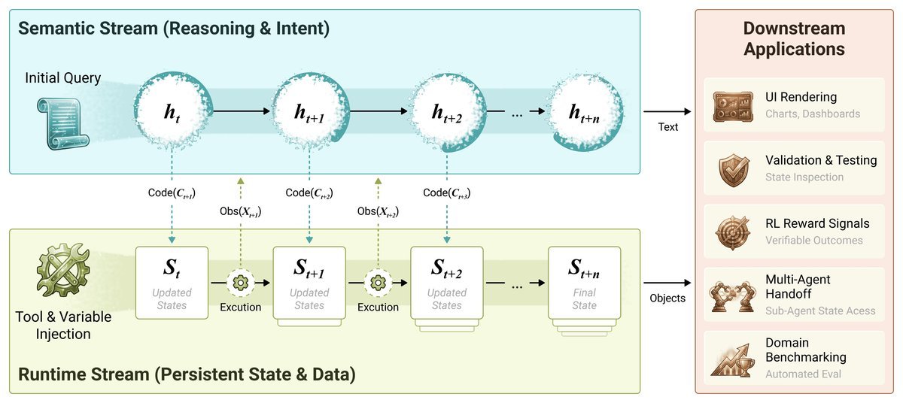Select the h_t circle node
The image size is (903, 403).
point(172,112)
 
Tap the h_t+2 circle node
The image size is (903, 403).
point(447,112)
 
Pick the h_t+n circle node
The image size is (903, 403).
point(585,112)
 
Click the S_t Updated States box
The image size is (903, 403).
point(172,282)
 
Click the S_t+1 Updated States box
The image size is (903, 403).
point(309,282)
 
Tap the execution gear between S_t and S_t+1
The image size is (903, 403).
point(241,283)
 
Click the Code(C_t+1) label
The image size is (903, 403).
point(172,193)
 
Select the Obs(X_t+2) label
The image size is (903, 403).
point(378,211)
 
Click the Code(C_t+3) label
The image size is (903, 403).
point(447,193)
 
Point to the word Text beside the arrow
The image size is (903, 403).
point(667,127)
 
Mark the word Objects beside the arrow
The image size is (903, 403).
point(667,298)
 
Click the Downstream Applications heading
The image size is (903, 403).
point(794,39)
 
